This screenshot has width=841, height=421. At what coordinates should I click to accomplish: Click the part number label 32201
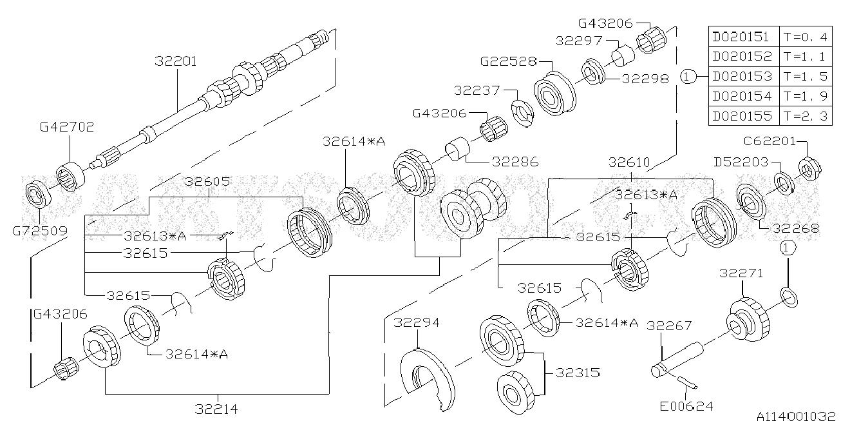click(x=176, y=61)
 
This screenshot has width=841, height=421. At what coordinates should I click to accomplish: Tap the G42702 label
click(x=67, y=126)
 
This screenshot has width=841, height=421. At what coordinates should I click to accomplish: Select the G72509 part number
click(x=40, y=230)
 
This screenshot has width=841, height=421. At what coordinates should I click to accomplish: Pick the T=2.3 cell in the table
click(x=806, y=116)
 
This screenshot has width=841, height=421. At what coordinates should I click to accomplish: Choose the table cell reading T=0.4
click(x=806, y=37)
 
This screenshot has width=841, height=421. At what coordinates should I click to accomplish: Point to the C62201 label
click(x=770, y=141)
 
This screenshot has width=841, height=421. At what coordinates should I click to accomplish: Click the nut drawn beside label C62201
click(x=809, y=169)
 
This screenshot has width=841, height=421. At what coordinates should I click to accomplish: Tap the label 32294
click(x=417, y=322)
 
